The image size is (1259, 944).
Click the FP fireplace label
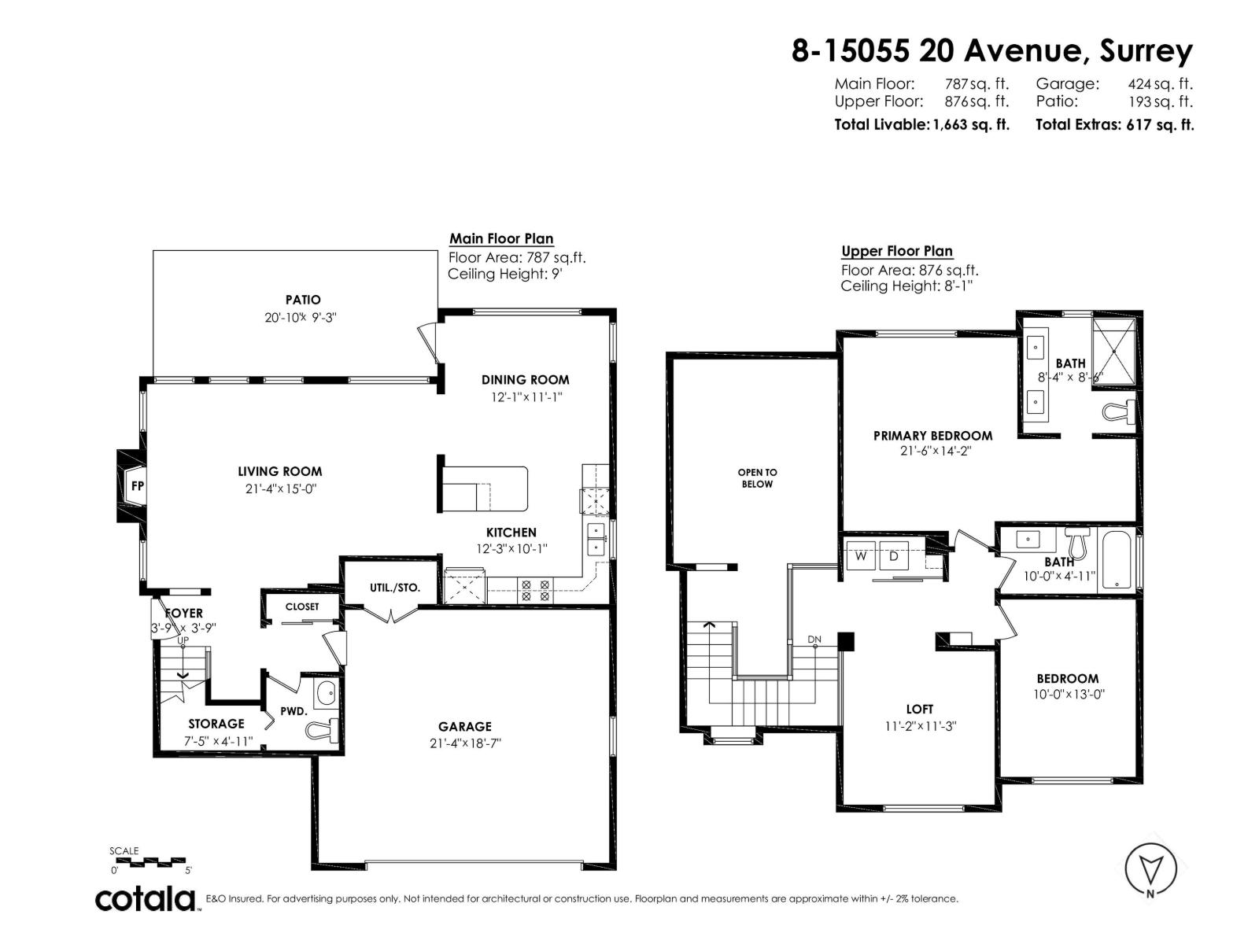[x=137, y=486]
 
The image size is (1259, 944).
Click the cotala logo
[x=146, y=898]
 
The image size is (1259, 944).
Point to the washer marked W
[x=861, y=556]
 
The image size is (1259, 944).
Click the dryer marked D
[x=894, y=556]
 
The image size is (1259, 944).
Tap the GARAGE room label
[x=465, y=727]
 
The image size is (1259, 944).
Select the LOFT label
[x=919, y=709]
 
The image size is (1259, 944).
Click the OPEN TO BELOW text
[x=757, y=478]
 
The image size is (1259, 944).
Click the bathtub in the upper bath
[x=1117, y=561]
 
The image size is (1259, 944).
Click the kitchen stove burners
[x=535, y=592]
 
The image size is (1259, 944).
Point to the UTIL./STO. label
[x=395, y=588]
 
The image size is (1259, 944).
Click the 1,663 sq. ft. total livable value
[x=970, y=124]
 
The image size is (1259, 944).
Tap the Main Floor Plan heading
[x=501, y=238]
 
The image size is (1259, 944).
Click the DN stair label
[x=814, y=640]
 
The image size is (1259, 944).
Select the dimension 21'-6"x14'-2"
[x=932, y=451]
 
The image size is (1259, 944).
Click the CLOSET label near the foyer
[x=302, y=607]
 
